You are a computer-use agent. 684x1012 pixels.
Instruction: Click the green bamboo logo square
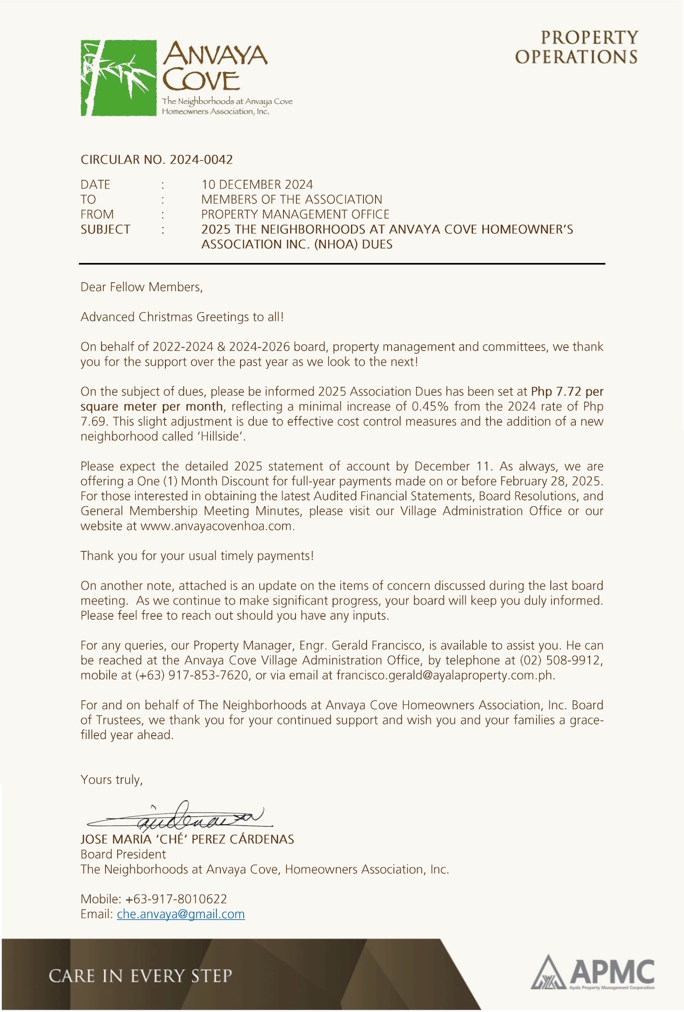pyautogui.click(x=118, y=78)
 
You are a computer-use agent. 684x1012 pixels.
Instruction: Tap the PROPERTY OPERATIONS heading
pyautogui.click(x=576, y=47)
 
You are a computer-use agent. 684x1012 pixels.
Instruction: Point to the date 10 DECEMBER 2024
pyautogui.click(x=257, y=185)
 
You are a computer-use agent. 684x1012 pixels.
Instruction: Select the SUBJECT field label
pyautogui.click(x=105, y=229)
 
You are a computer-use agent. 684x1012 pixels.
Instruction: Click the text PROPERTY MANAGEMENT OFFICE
pyautogui.click(x=295, y=214)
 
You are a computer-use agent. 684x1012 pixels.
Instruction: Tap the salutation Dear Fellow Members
pyautogui.click(x=141, y=287)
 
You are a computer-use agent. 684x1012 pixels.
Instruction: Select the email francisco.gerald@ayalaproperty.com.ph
pyautogui.click(x=445, y=675)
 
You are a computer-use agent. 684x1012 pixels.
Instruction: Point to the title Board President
pyautogui.click(x=123, y=854)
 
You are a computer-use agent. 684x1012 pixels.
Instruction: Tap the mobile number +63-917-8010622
pyautogui.click(x=176, y=899)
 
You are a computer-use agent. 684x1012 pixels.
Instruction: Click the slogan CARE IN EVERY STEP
pyautogui.click(x=140, y=975)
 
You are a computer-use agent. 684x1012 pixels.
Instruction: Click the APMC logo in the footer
pyautogui.click(x=593, y=974)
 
